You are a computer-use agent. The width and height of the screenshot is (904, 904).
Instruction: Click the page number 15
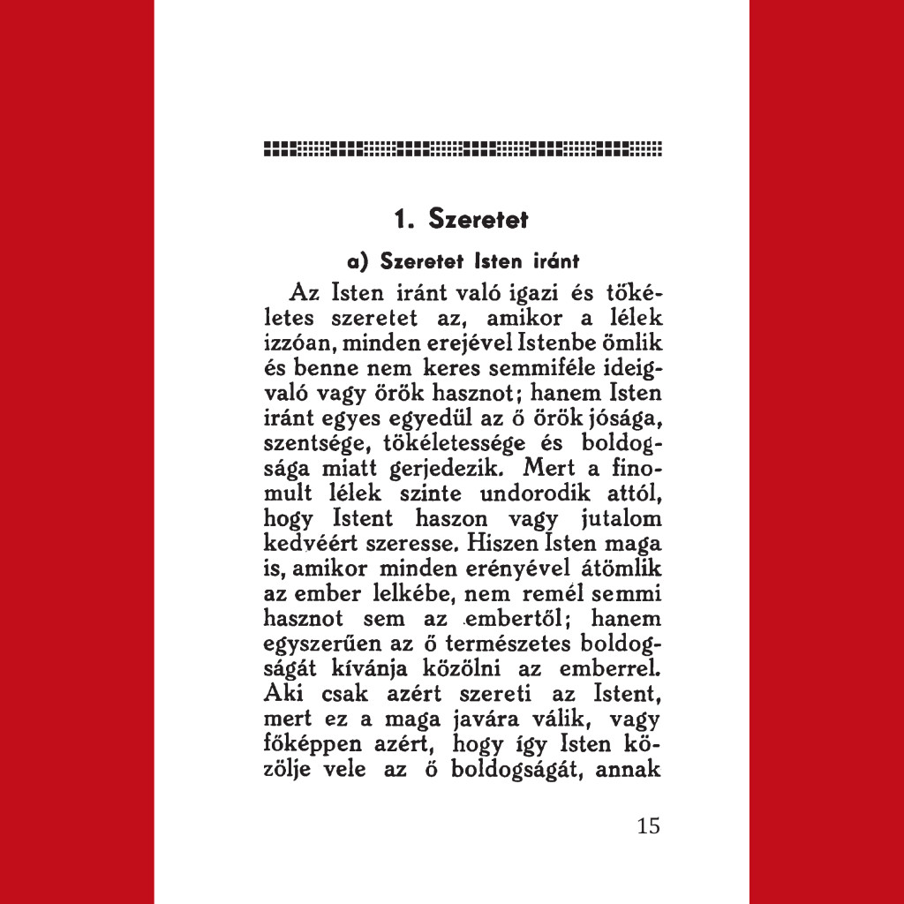coord(647,826)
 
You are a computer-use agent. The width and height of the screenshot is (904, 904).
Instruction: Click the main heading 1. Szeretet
coord(461,218)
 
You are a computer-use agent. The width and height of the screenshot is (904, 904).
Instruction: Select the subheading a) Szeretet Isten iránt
coord(463,261)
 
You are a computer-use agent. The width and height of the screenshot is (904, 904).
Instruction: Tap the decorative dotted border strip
coord(463,148)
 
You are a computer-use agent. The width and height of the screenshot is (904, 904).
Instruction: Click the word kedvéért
coord(302,538)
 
